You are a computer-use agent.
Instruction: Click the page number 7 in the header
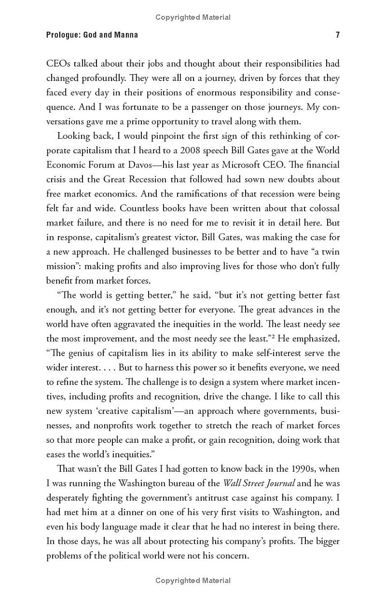coord(337,35)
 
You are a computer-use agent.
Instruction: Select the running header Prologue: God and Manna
coord(92,35)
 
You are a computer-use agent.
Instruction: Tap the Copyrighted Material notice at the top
coord(193,17)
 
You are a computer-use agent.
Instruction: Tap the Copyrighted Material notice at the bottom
coord(193,579)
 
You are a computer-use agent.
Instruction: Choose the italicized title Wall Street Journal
coord(259,483)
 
